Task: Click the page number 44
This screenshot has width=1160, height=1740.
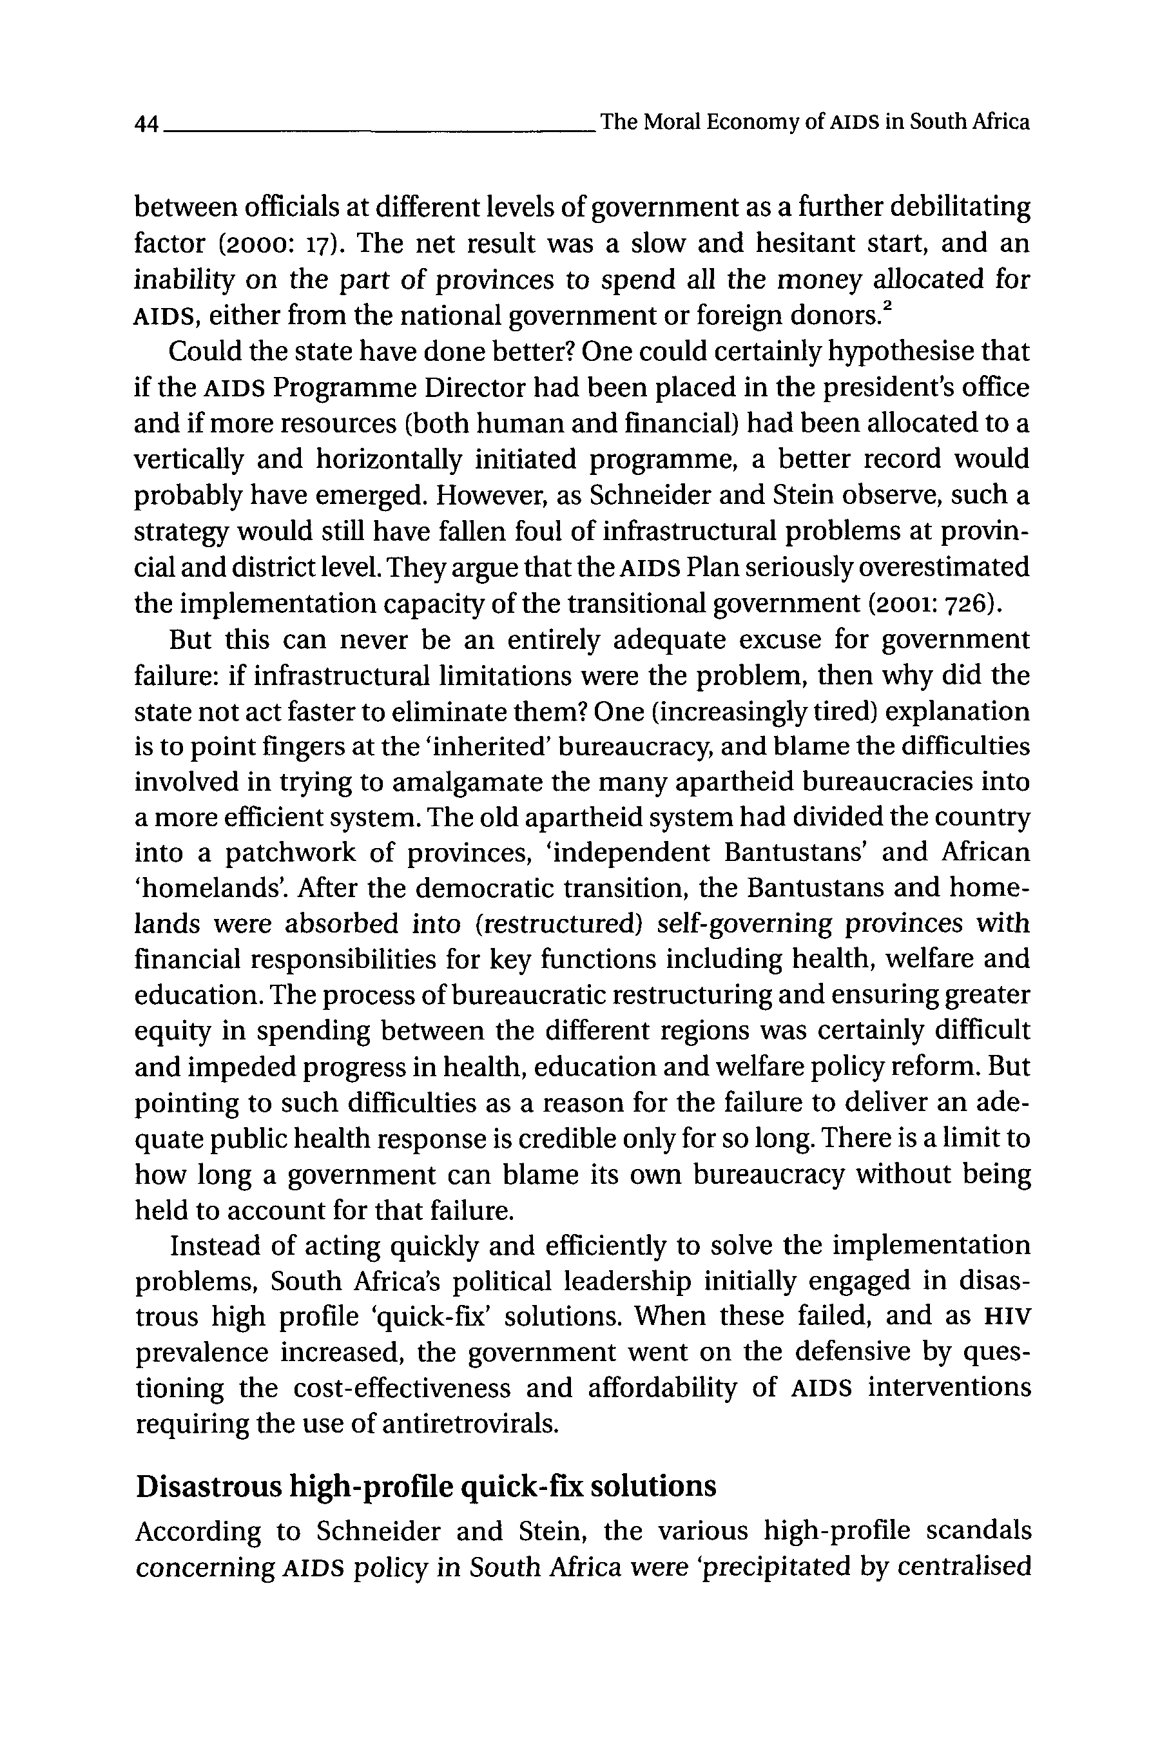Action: (x=146, y=123)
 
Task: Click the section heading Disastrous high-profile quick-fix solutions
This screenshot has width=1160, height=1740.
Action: (x=425, y=1485)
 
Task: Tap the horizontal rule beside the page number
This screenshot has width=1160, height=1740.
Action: (x=377, y=130)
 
